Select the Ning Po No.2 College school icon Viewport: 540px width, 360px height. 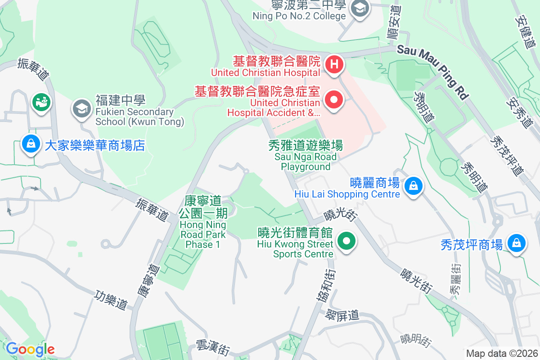pos(360,8)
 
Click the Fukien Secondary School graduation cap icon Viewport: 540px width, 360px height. pos(81,108)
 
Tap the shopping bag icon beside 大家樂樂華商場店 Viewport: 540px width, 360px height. pos(30,144)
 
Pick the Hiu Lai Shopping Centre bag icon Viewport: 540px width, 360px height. pos(413,185)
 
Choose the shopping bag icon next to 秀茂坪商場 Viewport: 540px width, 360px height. pos(516,243)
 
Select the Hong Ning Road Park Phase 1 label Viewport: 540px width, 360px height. pos(203,223)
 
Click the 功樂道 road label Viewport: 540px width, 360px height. pos(112,299)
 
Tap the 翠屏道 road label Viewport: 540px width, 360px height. pos(343,315)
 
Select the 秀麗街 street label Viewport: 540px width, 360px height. pos(456,279)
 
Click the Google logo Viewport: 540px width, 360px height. pos(30,349)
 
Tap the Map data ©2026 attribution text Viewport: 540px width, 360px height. pos(501,353)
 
